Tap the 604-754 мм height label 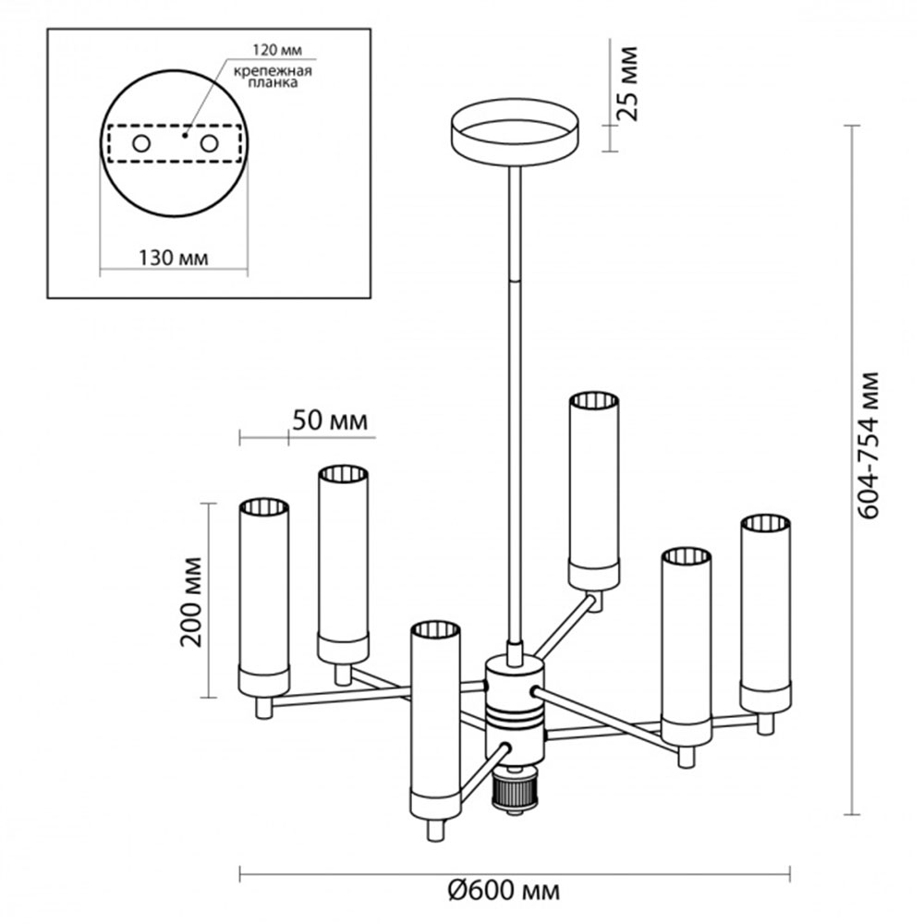coord(866,445)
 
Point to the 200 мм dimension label coord(193,602)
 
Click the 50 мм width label coord(329,421)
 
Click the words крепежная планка coord(284,76)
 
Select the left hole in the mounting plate coord(141,144)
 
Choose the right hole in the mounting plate coord(210,144)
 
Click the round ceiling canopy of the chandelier coord(513,133)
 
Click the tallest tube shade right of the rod coord(592,490)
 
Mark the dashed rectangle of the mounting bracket coord(173,144)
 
